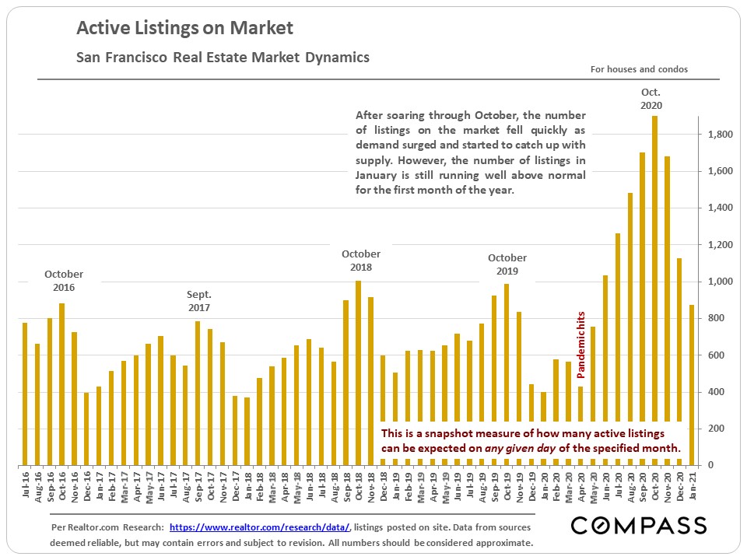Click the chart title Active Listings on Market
tap(184, 29)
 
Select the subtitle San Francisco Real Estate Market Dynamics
tap(223, 58)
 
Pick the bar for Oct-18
tap(358, 373)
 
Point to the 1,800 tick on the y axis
tap(718, 135)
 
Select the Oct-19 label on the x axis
tap(507, 486)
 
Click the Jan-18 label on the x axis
tap(247, 486)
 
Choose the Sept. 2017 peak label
tap(198, 302)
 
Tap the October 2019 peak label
tap(507, 264)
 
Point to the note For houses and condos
tap(639, 69)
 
